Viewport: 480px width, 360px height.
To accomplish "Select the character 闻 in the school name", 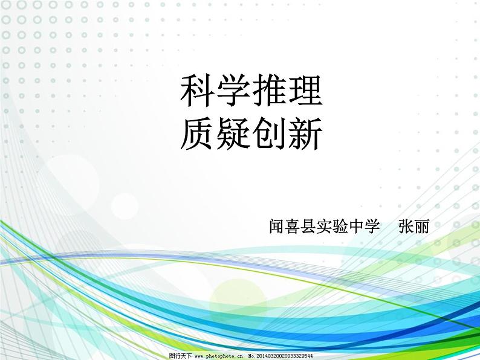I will coord(277,227).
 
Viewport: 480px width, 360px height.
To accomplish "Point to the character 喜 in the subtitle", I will coord(293,227).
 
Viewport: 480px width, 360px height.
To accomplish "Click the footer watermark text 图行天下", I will coord(180,356).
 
